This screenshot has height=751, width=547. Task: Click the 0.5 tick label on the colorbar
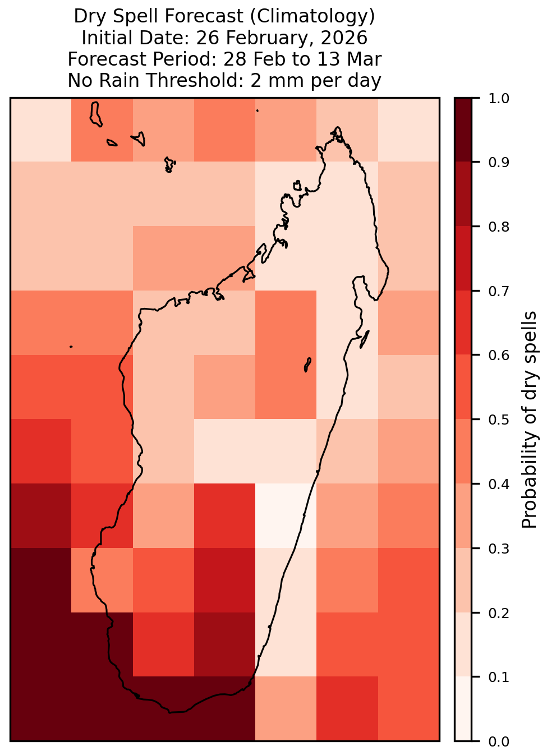coord(499,420)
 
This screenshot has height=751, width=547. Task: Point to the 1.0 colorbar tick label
coord(499,99)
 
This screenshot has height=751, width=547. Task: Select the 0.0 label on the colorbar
coord(499,741)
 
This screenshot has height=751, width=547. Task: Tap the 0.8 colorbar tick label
coord(499,227)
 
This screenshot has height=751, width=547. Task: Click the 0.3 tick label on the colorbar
coord(499,549)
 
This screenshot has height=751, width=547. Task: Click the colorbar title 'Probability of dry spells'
coord(529,420)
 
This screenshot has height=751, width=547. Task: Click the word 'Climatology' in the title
coord(312,16)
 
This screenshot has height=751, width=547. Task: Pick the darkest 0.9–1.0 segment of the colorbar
coord(463,130)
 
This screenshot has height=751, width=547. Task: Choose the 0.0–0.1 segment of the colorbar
coord(463,708)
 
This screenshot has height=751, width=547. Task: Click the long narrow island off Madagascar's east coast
coord(365,339)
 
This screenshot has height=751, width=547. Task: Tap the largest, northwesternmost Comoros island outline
coord(95,114)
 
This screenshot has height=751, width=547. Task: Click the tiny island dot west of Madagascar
coord(71,346)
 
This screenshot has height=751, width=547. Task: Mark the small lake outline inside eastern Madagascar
coord(307,365)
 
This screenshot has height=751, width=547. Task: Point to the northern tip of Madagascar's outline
coord(337,127)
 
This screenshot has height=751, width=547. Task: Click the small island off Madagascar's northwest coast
coord(297,186)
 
